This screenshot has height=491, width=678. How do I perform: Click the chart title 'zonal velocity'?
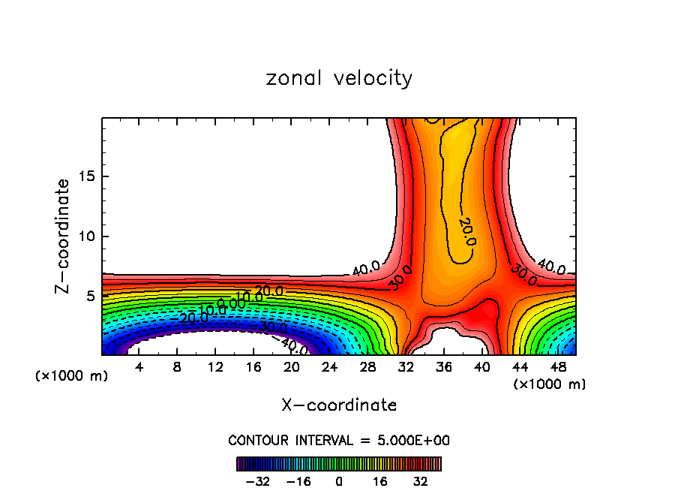click(339, 79)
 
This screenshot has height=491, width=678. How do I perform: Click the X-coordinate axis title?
click(339, 405)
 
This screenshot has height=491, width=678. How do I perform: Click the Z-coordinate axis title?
click(64, 236)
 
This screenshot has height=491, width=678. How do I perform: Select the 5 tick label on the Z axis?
click(87, 296)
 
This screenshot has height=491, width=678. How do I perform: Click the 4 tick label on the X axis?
click(139, 367)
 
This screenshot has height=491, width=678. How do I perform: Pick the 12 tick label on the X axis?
click(215, 367)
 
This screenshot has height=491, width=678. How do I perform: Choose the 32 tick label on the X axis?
click(406, 367)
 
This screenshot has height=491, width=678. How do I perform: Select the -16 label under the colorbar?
click(298, 481)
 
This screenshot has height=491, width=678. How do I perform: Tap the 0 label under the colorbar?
click(339, 481)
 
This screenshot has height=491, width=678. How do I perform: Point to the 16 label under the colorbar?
click(379, 481)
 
